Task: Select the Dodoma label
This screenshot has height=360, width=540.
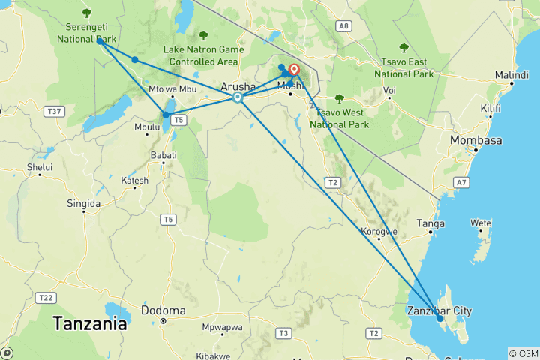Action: point(163,310)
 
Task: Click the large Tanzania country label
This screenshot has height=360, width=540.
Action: point(89,324)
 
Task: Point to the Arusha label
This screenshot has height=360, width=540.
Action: point(238,86)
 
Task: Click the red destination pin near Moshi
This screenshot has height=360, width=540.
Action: point(294,71)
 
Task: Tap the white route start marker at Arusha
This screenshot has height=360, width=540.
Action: point(238,97)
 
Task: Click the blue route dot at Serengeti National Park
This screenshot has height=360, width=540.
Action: point(100,41)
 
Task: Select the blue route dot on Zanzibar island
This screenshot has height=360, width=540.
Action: point(440,319)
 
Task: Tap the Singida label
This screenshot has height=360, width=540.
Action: point(83,203)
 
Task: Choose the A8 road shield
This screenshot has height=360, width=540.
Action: point(343,26)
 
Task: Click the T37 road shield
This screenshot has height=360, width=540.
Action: point(53,112)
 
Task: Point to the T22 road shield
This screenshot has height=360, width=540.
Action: point(45,298)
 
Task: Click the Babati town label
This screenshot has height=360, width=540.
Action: point(164,154)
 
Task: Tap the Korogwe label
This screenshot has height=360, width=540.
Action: point(379,232)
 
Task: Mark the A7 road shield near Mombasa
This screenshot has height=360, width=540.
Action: point(462,182)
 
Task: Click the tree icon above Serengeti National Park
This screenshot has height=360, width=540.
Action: point(87,12)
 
